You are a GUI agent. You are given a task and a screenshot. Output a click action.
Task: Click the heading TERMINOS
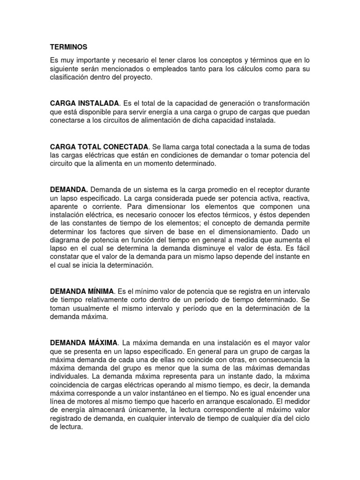(x=68, y=47)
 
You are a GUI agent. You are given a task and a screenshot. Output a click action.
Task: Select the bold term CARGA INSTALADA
(x=85, y=103)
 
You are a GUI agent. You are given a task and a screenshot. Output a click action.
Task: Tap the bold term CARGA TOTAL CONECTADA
(x=99, y=147)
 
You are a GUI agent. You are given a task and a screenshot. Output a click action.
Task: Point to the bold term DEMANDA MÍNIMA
(x=82, y=291)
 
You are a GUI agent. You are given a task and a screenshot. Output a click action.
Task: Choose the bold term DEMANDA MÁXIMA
(x=82, y=343)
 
